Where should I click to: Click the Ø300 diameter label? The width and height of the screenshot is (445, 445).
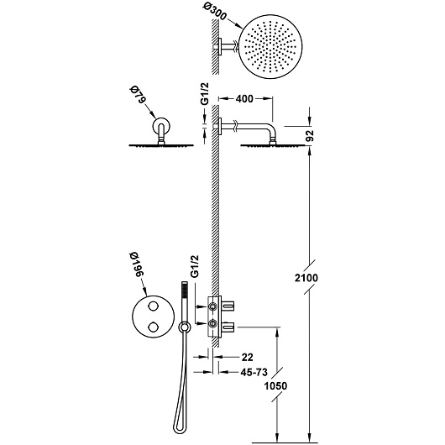[215, 13]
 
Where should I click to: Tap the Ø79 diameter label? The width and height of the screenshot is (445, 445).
[138, 95]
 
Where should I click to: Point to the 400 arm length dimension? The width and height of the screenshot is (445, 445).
[244, 98]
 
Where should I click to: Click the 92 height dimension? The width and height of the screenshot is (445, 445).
[309, 135]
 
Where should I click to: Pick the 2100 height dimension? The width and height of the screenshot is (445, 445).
[306, 278]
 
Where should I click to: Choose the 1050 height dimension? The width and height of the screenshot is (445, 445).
[275, 386]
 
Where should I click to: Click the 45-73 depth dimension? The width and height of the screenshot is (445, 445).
[254, 372]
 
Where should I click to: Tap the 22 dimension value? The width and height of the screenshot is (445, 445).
[247, 358]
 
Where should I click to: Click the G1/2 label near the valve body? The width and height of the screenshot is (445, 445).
[194, 266]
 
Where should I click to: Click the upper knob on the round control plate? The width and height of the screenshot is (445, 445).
[154, 306]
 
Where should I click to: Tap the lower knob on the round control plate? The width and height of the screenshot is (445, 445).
[154, 327]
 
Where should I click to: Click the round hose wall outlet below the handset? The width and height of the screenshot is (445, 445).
[184, 327]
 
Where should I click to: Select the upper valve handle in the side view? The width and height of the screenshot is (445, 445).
[228, 306]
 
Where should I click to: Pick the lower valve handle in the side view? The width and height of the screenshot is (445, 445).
[228, 327]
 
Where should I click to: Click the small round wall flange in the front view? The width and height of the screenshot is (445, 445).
[161, 125]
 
